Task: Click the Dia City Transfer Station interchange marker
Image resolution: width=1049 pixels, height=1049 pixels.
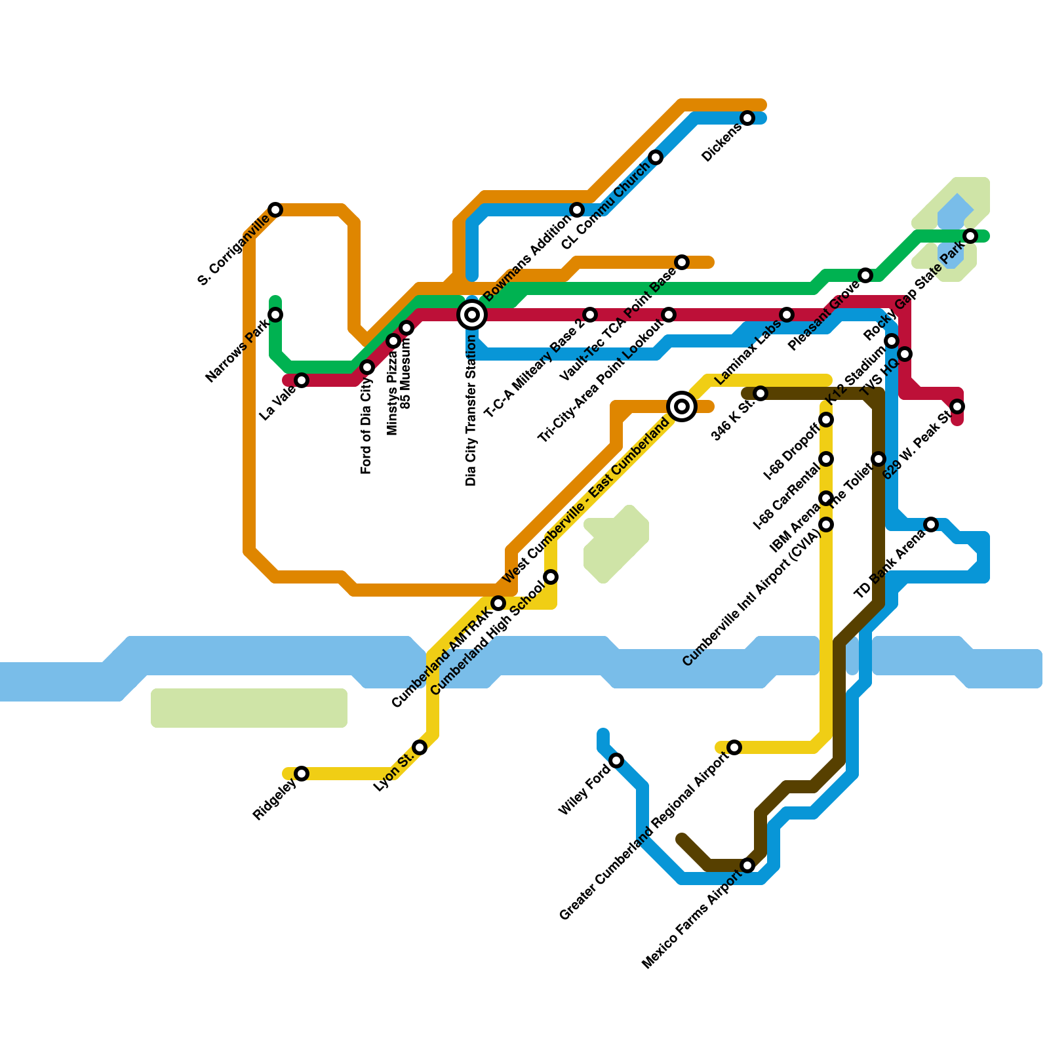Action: click(472, 315)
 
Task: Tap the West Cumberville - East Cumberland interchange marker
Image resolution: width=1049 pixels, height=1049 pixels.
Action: click(682, 406)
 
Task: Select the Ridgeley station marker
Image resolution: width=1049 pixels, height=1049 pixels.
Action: click(302, 774)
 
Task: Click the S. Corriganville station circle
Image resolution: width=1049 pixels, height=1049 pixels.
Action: click(275, 210)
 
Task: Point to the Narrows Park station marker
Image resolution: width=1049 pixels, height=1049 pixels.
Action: click(275, 315)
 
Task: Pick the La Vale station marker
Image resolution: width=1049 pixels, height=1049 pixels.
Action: click(302, 380)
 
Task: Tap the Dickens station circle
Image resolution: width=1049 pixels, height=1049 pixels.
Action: click(747, 118)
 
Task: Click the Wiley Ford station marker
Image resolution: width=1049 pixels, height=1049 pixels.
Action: click(616, 761)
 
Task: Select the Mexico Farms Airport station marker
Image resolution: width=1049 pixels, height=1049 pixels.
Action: click(747, 866)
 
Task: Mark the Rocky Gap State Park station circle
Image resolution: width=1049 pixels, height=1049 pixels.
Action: click(970, 236)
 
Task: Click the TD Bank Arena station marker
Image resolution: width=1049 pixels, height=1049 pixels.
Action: click(931, 524)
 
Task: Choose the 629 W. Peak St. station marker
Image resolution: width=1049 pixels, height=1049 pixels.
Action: click(957, 406)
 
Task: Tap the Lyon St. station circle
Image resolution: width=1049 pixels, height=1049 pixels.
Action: click(420, 747)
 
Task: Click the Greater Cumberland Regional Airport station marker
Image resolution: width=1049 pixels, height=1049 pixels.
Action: click(734, 747)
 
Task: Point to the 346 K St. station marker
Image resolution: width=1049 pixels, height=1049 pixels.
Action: click(761, 393)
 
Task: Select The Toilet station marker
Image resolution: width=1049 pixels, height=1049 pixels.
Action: click(879, 459)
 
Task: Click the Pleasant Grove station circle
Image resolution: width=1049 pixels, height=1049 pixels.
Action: click(865, 275)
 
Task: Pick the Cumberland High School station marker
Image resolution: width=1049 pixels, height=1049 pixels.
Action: click(551, 577)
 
